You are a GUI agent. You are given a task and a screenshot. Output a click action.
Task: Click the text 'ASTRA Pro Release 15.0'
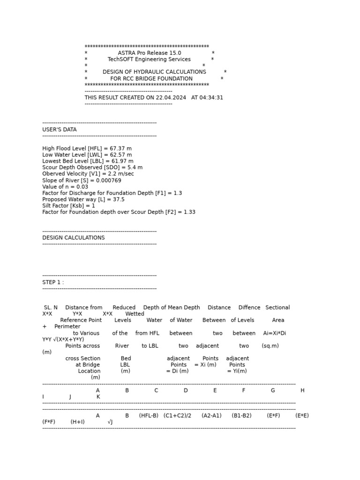(x=149, y=53)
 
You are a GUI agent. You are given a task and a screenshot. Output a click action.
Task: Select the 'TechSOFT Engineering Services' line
(x=149, y=60)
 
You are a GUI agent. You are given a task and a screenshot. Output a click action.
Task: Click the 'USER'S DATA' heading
(x=60, y=129)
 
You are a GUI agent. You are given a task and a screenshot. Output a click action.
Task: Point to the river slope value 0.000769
(x=108, y=180)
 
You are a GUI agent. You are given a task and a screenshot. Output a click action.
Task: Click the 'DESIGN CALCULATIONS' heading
(x=74, y=238)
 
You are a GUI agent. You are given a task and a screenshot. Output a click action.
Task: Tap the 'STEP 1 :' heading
(x=53, y=282)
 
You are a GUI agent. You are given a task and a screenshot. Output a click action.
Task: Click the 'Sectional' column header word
(x=277, y=307)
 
